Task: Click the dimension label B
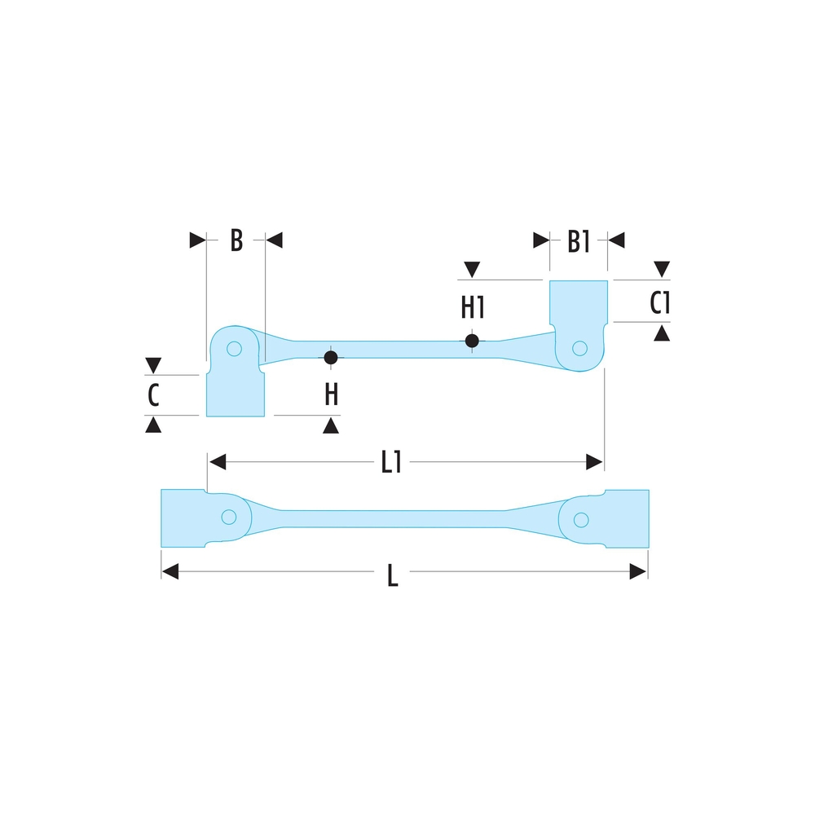[x=236, y=240]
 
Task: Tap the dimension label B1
[x=578, y=241]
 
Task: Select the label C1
[x=659, y=303]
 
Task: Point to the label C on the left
[x=153, y=396]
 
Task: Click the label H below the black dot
[x=331, y=395]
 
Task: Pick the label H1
[x=473, y=307]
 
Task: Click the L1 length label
[x=391, y=463]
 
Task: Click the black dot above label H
[x=331, y=358]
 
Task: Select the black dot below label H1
[x=472, y=341]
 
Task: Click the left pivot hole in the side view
[x=235, y=349]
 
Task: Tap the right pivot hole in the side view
[x=579, y=348]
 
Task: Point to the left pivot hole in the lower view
[x=229, y=517]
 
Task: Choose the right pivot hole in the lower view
[x=580, y=519]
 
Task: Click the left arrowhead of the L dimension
[x=170, y=572]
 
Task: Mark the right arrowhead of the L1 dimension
[x=595, y=463]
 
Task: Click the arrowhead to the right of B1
[x=617, y=240]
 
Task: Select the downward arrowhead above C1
[x=662, y=268]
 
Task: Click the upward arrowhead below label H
[x=331, y=425]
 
